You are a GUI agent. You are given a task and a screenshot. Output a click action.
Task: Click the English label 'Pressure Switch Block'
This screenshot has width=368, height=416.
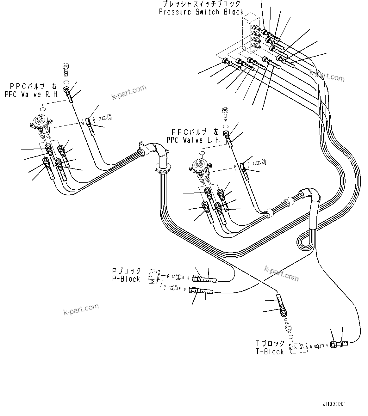[x=201, y=12]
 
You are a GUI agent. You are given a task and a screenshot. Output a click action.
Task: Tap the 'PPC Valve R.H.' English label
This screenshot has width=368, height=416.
[x=32, y=94]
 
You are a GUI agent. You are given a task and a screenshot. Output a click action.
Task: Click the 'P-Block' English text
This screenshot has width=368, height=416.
[x=126, y=279]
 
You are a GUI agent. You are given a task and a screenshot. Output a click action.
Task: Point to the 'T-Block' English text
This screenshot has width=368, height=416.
[x=270, y=352]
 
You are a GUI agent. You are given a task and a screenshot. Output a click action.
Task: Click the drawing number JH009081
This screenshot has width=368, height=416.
[x=335, y=404]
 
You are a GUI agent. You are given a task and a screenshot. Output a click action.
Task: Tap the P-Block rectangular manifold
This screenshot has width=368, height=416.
[x=154, y=276]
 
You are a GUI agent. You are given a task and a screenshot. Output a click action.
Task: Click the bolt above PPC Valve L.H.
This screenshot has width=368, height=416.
[x=225, y=113]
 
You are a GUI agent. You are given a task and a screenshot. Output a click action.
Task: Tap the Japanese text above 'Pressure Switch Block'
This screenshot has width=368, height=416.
[x=201, y=4]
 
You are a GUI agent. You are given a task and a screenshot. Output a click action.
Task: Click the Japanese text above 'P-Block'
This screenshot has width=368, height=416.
[x=126, y=271]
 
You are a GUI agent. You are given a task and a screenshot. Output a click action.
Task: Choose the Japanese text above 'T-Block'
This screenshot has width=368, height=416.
[x=270, y=343]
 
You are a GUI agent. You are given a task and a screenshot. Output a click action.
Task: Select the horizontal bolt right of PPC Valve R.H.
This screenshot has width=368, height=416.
[x=105, y=119]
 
